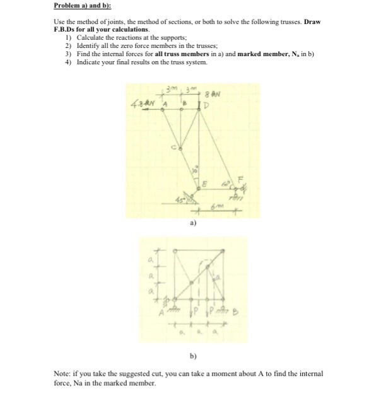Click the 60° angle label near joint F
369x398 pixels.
[224, 184]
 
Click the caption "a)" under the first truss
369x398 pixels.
[191, 223]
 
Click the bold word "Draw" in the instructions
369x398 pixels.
[312, 22]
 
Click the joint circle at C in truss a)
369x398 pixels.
[180, 149]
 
